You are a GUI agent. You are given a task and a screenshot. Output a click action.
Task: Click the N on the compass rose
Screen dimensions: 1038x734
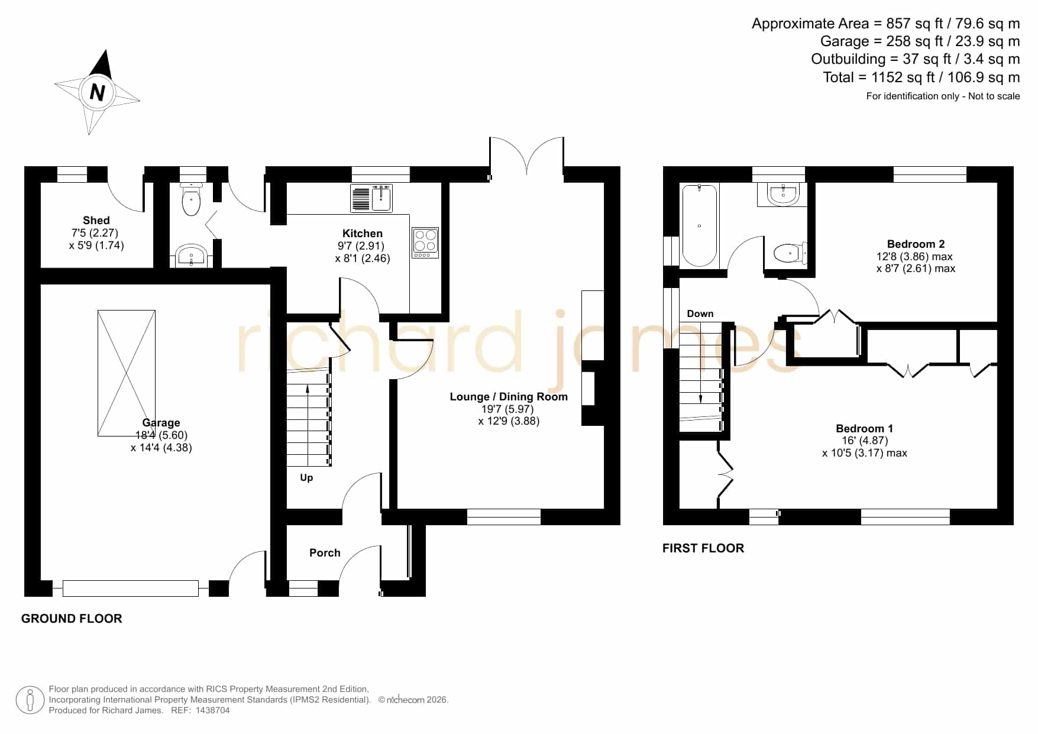click(x=97, y=92)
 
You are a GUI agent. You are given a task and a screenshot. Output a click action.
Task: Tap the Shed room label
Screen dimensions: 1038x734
click(x=96, y=220)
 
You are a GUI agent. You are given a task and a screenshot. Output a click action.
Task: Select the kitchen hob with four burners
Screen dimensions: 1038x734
click(x=425, y=242)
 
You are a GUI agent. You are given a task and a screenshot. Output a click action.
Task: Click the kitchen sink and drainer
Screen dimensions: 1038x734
click(x=371, y=198)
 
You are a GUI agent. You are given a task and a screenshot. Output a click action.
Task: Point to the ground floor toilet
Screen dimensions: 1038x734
click(x=192, y=199)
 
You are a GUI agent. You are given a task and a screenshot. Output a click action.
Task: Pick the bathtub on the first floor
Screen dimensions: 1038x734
click(x=700, y=225)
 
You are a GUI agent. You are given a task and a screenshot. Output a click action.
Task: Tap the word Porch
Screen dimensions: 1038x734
click(x=325, y=553)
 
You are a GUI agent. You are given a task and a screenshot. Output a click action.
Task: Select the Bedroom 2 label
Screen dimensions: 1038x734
click(x=916, y=244)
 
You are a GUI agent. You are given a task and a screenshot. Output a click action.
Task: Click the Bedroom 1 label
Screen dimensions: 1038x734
click(x=864, y=428)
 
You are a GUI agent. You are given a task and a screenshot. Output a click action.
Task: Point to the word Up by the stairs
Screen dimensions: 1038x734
click(x=306, y=478)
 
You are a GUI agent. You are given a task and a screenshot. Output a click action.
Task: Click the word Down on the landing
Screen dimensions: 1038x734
click(x=700, y=313)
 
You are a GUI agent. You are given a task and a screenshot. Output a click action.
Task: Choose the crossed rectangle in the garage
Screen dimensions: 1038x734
click(x=127, y=373)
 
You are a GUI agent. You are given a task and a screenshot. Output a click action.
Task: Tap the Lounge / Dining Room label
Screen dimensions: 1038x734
click(x=509, y=397)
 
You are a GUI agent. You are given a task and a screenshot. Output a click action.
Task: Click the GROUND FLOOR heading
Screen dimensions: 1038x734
click(x=72, y=619)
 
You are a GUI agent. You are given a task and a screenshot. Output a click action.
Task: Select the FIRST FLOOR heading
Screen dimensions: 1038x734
click(x=703, y=548)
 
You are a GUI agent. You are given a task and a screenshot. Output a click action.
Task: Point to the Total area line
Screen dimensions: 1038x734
click(x=921, y=77)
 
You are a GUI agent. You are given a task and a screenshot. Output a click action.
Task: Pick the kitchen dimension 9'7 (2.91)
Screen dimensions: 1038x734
click(x=361, y=246)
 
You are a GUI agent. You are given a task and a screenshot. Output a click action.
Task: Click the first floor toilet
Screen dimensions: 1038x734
click(x=790, y=253)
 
